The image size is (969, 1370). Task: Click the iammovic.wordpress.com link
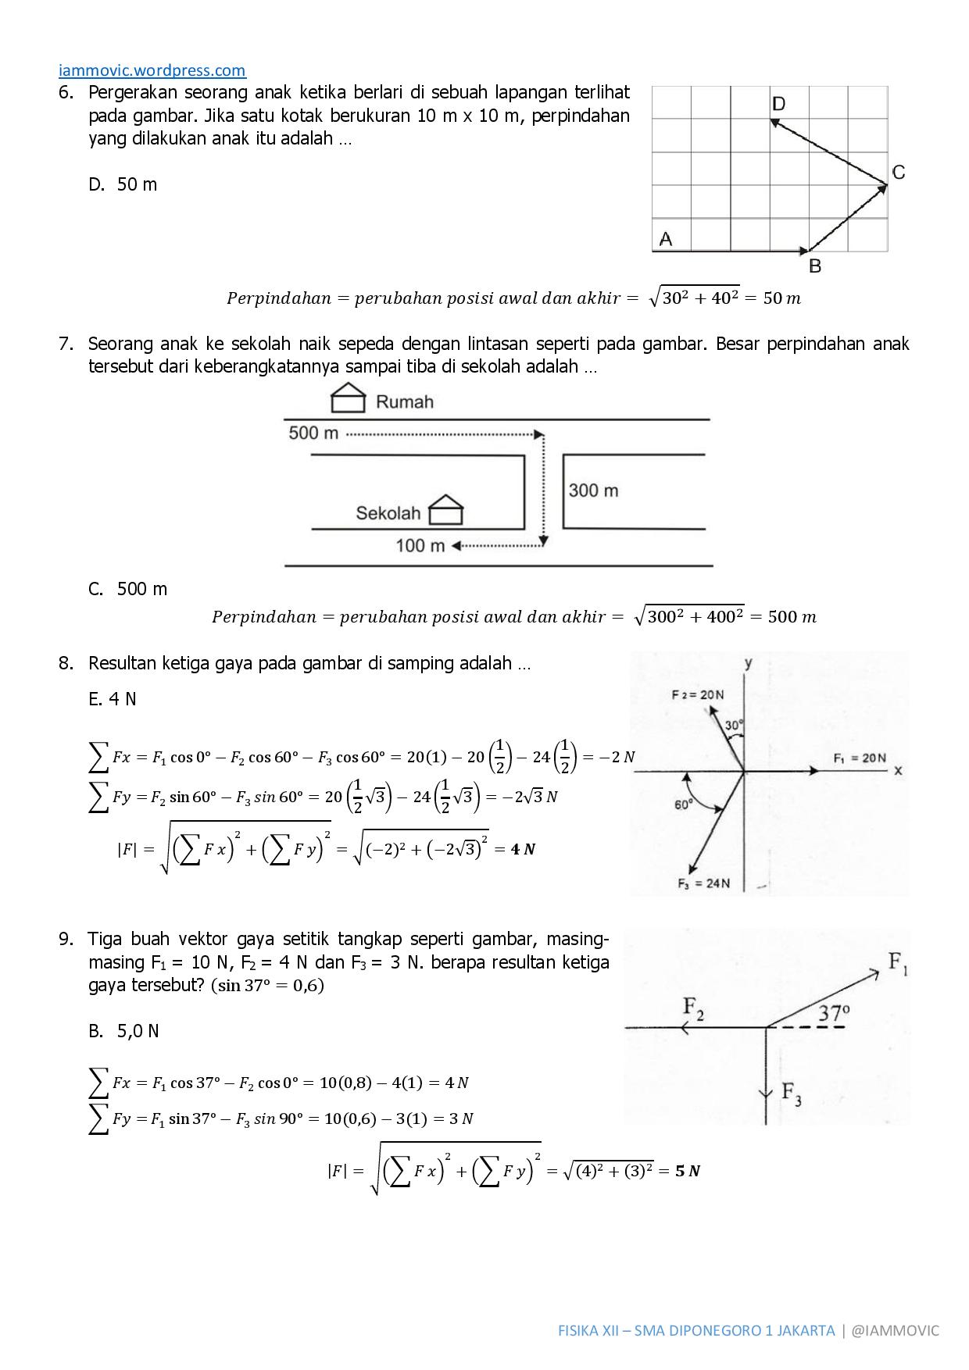click(x=152, y=71)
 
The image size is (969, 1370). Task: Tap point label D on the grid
click(x=778, y=104)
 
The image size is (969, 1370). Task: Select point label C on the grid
click(x=898, y=173)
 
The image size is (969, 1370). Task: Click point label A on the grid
click(x=665, y=239)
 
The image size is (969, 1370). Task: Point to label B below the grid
click(x=814, y=266)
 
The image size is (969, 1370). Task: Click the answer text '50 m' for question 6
click(x=137, y=184)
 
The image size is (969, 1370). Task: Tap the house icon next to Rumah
click(x=349, y=398)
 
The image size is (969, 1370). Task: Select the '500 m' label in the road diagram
click(x=313, y=433)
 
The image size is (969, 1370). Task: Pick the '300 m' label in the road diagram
click(x=593, y=491)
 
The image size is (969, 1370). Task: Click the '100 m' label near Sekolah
click(x=420, y=545)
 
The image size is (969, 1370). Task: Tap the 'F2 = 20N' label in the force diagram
click(x=697, y=694)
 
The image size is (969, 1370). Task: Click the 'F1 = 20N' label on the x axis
click(x=860, y=758)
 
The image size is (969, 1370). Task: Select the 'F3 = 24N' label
click(x=703, y=883)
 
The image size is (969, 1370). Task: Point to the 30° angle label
click(x=733, y=726)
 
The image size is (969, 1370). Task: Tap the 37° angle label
click(x=834, y=1013)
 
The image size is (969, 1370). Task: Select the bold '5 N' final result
click(x=688, y=1171)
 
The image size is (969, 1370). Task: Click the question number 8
click(x=66, y=664)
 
